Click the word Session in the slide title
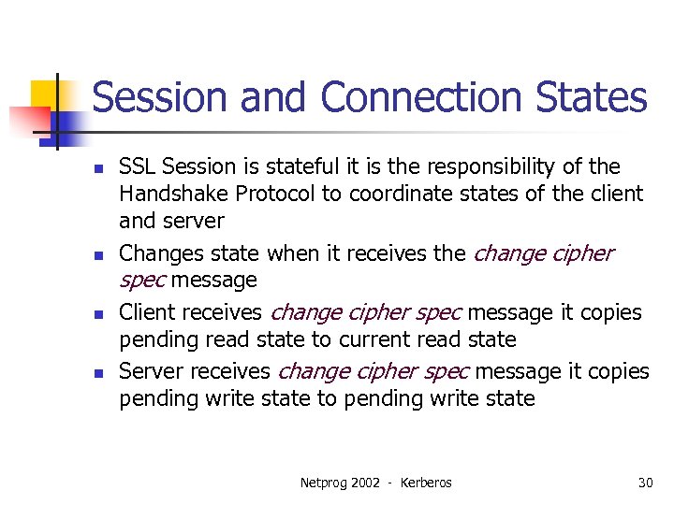point(150,98)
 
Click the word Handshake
point(174,195)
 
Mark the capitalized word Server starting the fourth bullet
point(151,371)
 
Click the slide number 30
point(645,483)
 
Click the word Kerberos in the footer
point(426,483)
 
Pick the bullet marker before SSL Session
point(96,169)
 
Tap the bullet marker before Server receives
point(96,373)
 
